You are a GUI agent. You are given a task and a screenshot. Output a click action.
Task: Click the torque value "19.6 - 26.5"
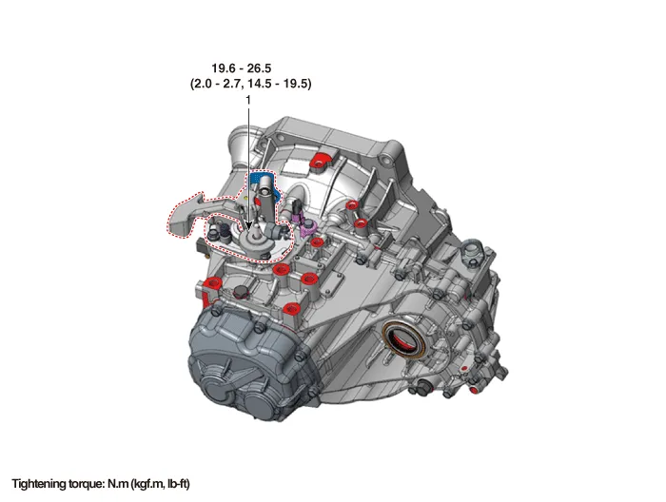[242, 68]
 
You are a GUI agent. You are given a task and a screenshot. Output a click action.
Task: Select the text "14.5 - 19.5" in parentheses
[280, 84]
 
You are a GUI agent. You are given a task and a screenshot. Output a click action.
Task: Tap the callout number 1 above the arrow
[248, 100]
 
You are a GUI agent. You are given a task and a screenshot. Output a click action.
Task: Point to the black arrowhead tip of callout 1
[248, 230]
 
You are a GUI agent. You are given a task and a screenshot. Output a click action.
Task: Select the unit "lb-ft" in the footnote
[178, 484]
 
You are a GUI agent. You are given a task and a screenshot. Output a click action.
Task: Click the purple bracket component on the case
[308, 227]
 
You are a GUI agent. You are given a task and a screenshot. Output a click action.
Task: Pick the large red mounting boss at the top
[322, 161]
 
